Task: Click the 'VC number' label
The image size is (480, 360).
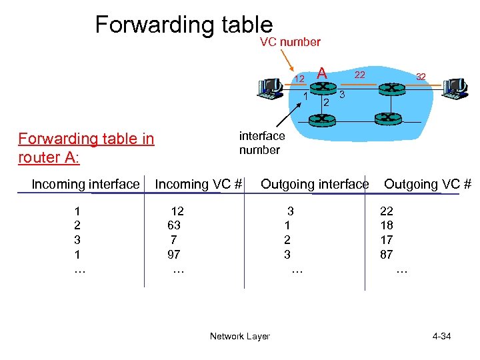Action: [x=290, y=42]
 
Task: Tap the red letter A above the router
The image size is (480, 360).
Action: [x=322, y=73]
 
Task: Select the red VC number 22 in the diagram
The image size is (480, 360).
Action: [x=359, y=75]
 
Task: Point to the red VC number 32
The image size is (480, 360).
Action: [x=421, y=77]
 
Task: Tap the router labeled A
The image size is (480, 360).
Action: [x=322, y=89]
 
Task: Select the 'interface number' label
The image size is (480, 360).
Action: [x=262, y=143]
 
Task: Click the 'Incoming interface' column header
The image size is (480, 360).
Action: [x=86, y=184]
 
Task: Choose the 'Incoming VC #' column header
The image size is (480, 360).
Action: [x=198, y=184]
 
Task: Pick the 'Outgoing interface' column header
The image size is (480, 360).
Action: [x=315, y=184]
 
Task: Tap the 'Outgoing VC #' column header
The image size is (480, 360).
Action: [x=427, y=184]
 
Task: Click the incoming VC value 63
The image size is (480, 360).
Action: [x=174, y=225]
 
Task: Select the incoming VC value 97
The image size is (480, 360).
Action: [x=174, y=255]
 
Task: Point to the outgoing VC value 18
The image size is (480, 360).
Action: [x=387, y=225]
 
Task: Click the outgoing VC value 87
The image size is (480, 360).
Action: [x=387, y=255]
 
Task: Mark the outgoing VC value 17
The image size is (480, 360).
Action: [x=387, y=240]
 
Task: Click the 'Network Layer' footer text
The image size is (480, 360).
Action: [x=239, y=336]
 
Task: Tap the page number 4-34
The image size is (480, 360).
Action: [x=441, y=336]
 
